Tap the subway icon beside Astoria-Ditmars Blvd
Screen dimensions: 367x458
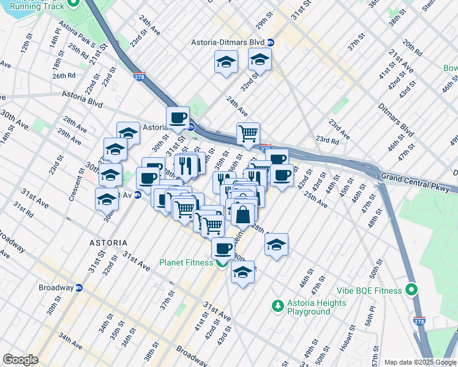[x=271, y=43]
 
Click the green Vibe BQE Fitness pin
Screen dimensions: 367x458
[x=412, y=289]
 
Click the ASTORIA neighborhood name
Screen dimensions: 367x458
[x=109, y=243]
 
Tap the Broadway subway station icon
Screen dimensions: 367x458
[x=79, y=287]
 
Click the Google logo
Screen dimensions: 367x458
[x=20, y=360]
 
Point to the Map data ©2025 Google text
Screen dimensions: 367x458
[x=420, y=362]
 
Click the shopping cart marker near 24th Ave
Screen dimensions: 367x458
[x=248, y=133]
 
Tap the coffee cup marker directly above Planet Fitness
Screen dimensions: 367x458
[x=223, y=248]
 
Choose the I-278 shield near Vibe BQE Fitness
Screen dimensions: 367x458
[x=419, y=320]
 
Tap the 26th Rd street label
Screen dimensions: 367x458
[x=64, y=76]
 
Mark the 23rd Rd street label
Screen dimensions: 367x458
[x=327, y=139]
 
